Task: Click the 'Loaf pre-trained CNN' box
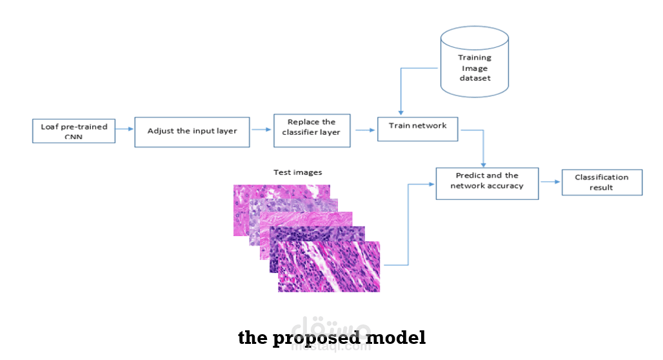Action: coord(74,131)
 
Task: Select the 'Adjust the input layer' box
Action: coord(192,131)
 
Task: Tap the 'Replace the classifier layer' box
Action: coord(312,131)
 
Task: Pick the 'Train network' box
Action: coord(417,128)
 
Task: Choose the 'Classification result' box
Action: coord(602,183)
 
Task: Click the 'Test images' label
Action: coord(297,172)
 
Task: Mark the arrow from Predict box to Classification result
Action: coord(550,183)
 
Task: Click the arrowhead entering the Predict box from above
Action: coord(484,165)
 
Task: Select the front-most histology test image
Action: coord(329,268)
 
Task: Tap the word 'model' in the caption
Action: coord(401,337)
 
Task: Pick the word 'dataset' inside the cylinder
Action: coord(474,79)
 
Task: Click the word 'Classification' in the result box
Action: coord(601,177)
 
